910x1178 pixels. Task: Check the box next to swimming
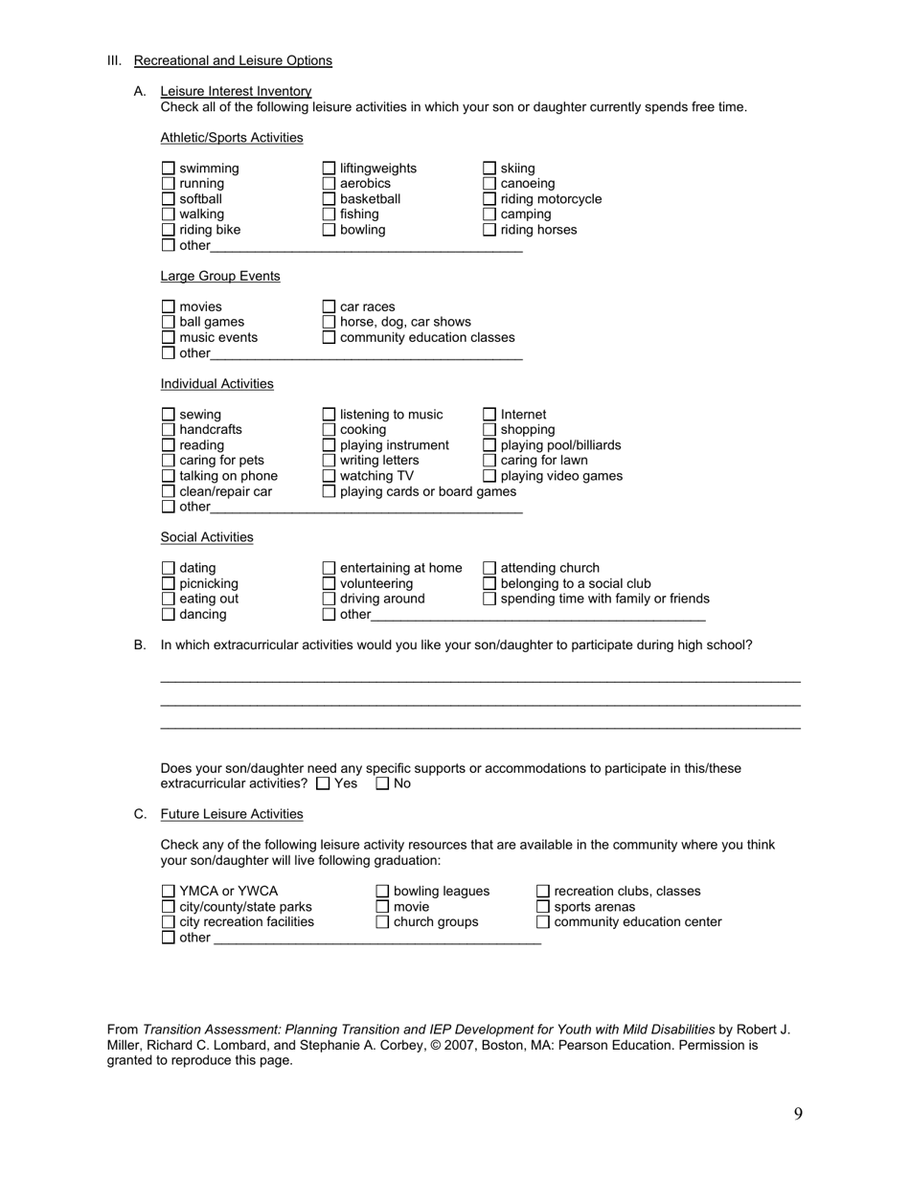tap(169, 169)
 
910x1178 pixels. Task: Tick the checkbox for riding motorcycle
tap(489, 199)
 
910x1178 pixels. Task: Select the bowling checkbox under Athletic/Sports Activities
tap(330, 230)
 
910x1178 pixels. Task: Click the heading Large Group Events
tap(220, 276)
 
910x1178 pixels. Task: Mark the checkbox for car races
tap(330, 307)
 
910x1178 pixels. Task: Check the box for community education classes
tap(330, 338)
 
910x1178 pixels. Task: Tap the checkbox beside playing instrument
tap(330, 445)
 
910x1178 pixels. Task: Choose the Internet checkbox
tap(489, 415)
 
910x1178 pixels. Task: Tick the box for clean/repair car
tap(169, 491)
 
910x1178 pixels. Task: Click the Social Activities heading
tap(207, 537)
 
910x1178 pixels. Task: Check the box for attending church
tap(489, 568)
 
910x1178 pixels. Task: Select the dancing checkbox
tap(169, 614)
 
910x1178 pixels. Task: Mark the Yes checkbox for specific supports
tap(323, 783)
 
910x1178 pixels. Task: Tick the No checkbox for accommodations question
tap(382, 783)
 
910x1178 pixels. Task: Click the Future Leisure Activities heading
tap(232, 814)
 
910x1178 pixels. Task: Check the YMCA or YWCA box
tap(169, 892)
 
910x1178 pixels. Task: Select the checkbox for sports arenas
tap(543, 907)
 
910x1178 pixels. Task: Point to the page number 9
tap(798, 1113)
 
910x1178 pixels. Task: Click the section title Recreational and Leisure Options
tap(233, 60)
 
